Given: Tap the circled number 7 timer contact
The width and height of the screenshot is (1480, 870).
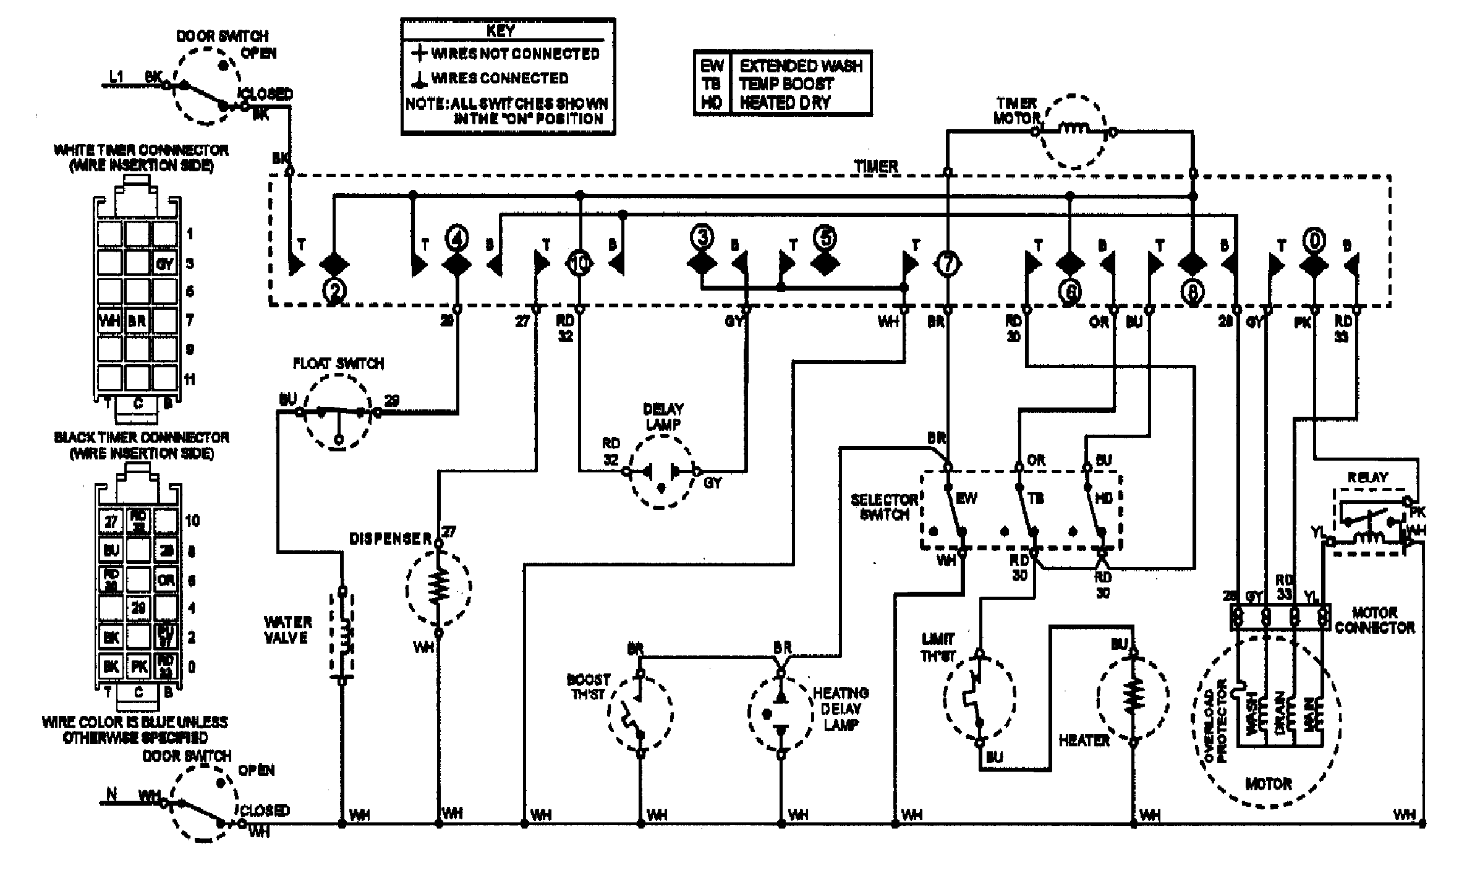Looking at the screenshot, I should pos(947,264).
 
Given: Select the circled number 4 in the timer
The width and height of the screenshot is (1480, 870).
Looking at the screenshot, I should pos(457,239).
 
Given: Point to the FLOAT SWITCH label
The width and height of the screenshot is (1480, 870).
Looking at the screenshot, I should pos(338,364).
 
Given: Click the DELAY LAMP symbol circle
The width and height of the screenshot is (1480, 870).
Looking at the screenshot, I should pos(661,472).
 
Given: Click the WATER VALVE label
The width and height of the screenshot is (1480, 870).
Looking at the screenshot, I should pos(288,629).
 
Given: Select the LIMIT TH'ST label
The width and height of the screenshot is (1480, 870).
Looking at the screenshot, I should pos(938,647).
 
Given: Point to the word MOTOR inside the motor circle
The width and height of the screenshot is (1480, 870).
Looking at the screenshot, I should pos(1269,784).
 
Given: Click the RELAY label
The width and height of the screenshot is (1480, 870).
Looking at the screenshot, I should pos(1367,477).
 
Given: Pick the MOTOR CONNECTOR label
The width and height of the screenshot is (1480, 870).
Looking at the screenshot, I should pos(1374,620).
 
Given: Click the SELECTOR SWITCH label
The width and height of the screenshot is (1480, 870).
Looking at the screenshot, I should pos(884,506).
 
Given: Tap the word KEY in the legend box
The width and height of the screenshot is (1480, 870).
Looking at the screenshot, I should pos(500,31).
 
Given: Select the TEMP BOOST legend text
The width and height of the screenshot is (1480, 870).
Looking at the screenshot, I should pos(786,83).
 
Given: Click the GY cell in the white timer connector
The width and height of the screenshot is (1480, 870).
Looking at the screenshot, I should pos(164,264).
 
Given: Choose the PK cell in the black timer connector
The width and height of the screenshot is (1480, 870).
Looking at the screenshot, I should pos(138,667).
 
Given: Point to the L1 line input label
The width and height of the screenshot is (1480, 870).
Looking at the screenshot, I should pos(116,77).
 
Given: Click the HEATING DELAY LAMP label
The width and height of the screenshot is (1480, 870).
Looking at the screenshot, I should pos(840,708).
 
